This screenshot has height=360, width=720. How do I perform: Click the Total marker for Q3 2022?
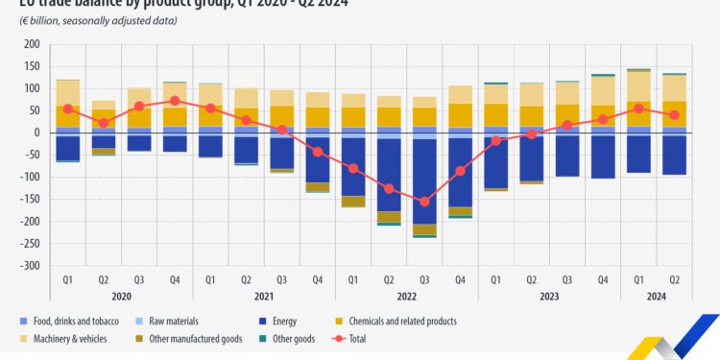click(x=423, y=202)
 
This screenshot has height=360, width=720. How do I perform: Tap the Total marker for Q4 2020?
click(x=175, y=101)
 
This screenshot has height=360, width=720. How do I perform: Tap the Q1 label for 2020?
click(x=67, y=279)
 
